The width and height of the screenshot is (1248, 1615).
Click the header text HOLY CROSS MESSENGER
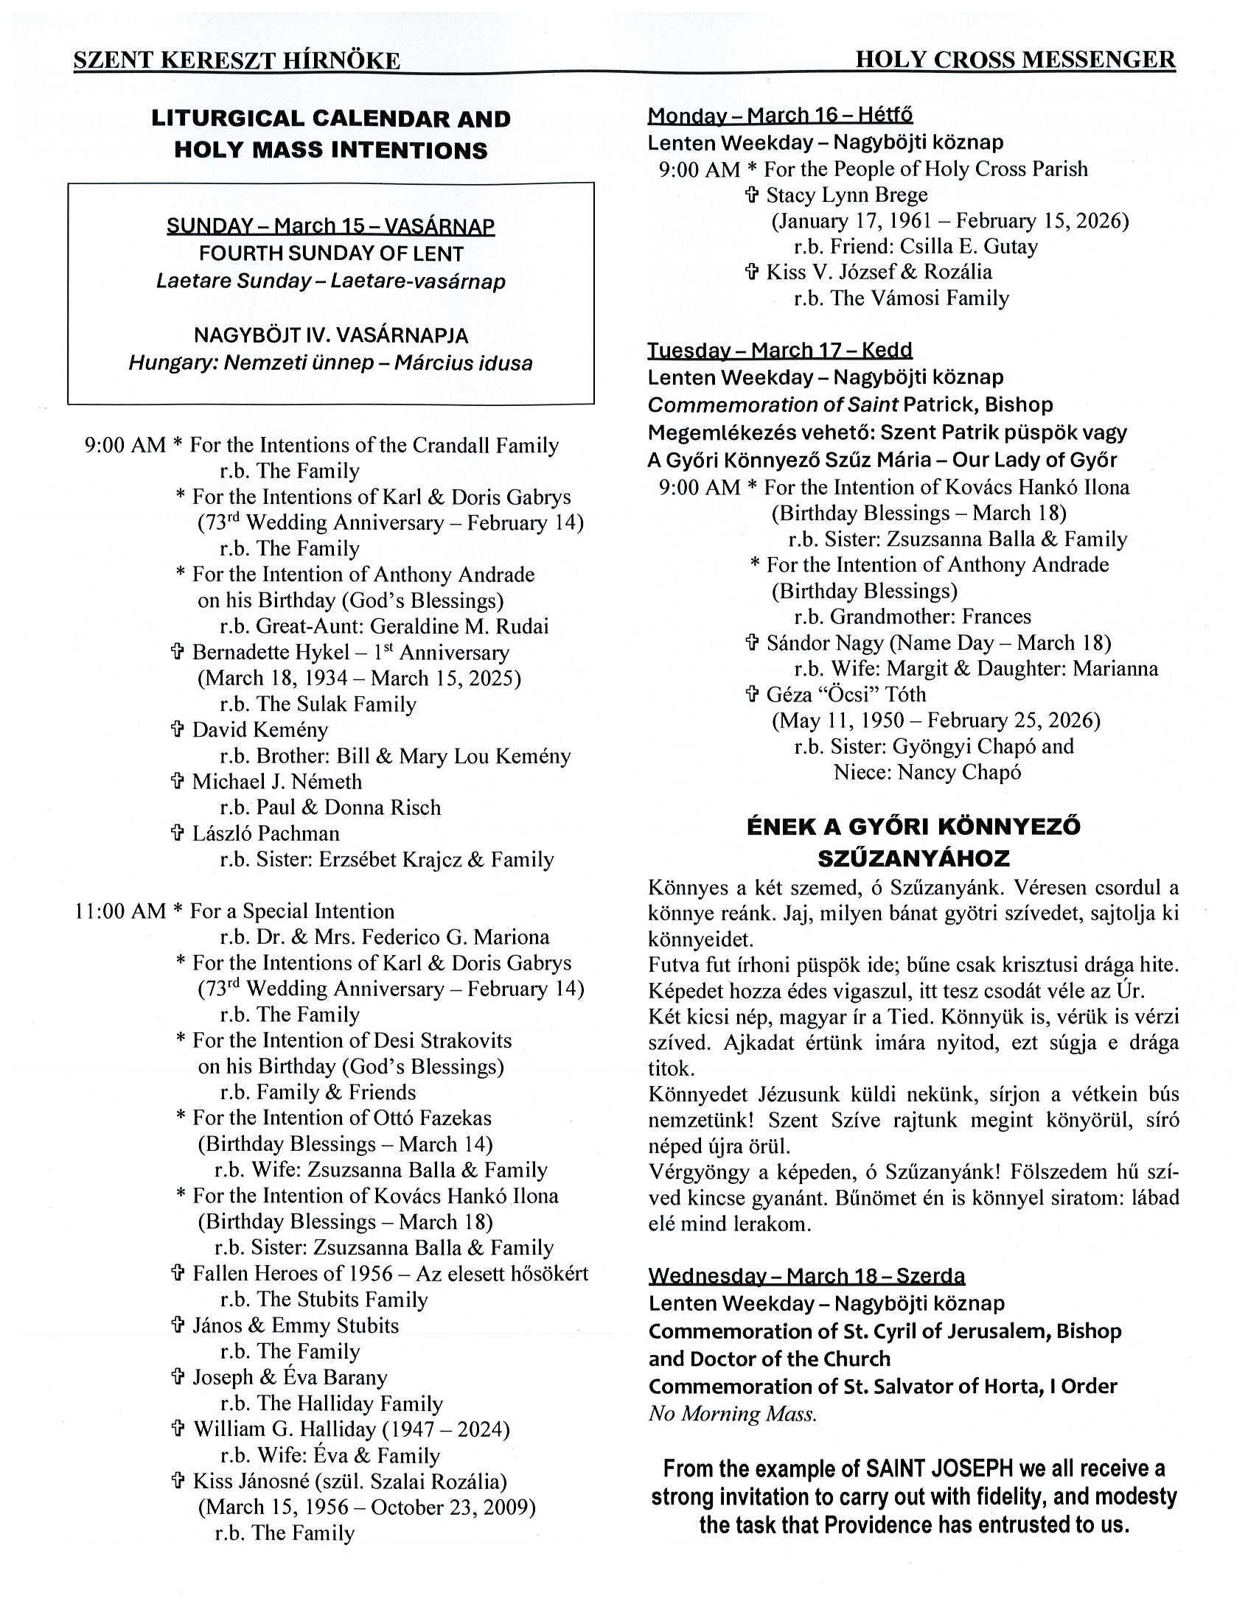coord(1015,60)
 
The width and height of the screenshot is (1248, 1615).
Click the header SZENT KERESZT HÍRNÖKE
coord(237,60)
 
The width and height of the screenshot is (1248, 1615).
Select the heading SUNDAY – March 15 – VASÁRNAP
coord(331,225)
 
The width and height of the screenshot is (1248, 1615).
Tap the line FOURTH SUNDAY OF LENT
coord(331,253)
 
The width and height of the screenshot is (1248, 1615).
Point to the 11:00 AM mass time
coord(120,911)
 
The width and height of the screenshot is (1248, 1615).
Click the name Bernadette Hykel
coord(271,652)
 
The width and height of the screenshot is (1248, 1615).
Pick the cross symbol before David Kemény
coord(178,730)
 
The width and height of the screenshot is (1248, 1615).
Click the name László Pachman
coord(265,833)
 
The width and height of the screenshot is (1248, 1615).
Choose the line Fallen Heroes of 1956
coord(299,1273)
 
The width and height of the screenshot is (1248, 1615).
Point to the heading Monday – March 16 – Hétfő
coord(780,116)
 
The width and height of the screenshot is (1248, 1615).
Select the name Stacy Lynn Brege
coord(846,195)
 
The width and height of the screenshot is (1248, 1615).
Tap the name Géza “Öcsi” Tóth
coord(846,694)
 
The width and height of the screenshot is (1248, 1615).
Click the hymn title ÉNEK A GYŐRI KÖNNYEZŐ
coord(913,826)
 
